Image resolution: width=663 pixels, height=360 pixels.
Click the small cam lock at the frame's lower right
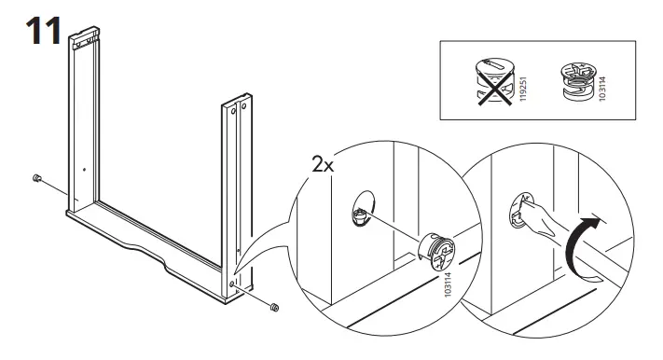[x=274, y=306]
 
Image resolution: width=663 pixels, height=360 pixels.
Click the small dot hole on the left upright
[x=83, y=169]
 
